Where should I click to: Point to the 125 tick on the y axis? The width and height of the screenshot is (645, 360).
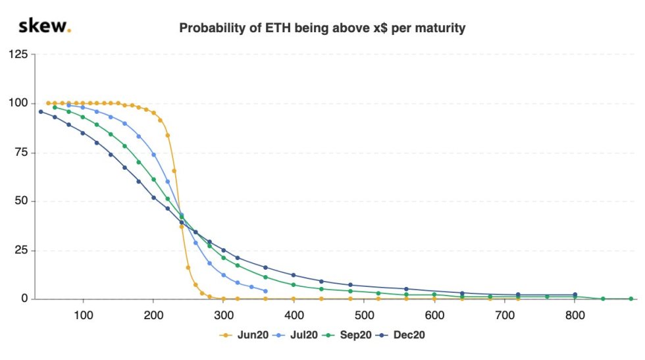(18, 54)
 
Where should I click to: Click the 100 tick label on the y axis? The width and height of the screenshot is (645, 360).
(18, 103)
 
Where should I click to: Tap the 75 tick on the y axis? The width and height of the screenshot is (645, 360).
(21, 152)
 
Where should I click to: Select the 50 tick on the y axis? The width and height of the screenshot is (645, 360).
(21, 201)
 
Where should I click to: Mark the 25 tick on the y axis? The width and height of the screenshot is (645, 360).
(21, 250)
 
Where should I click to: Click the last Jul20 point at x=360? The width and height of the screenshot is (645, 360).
(265, 291)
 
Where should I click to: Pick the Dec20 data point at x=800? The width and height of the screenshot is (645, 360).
(575, 295)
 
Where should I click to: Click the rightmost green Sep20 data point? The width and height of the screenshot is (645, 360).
(631, 299)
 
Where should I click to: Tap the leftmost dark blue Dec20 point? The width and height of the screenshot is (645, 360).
(41, 112)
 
